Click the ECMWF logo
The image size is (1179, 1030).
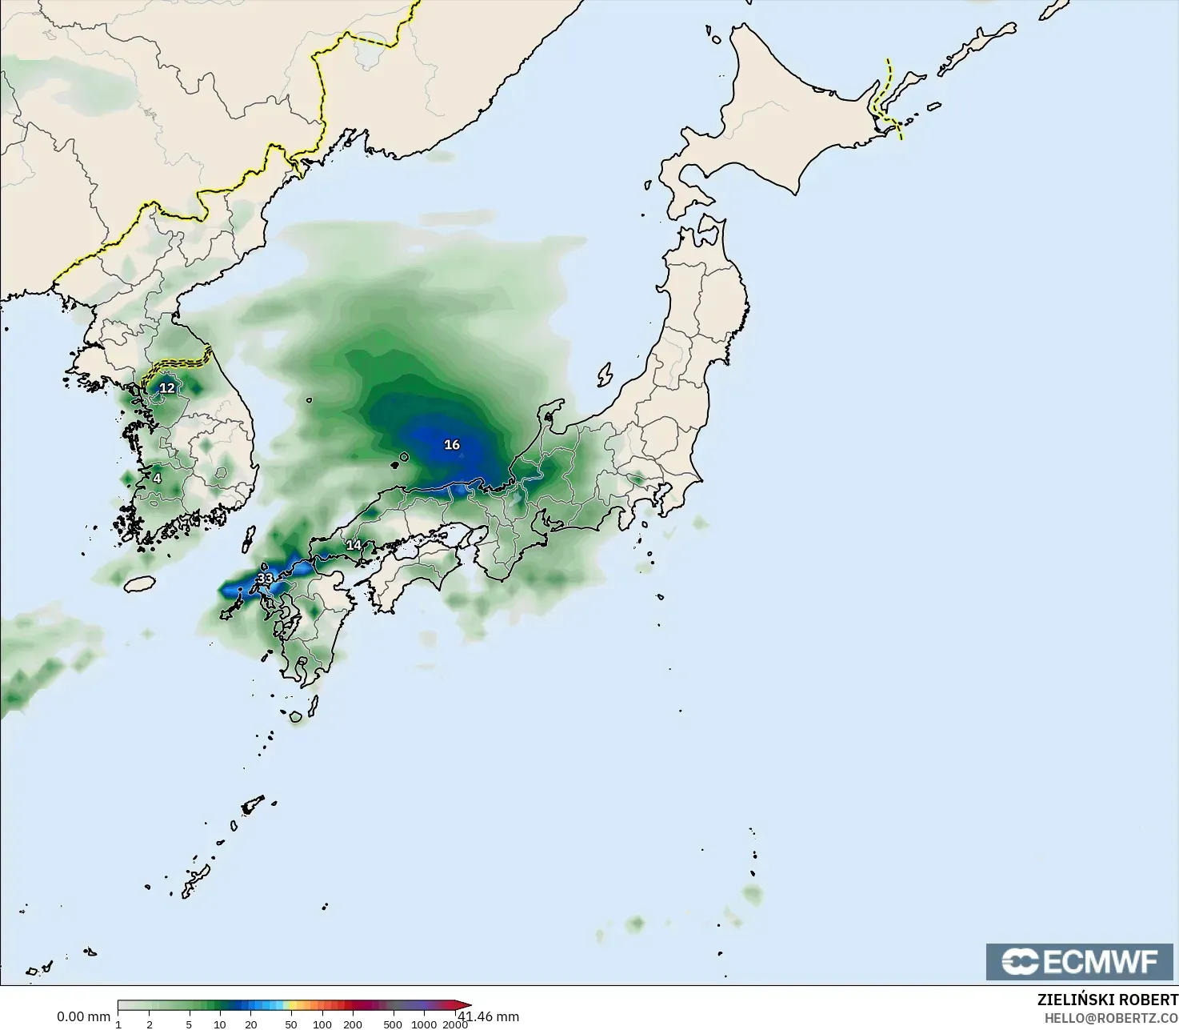coord(1079,961)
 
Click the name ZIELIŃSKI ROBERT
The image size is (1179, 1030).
coord(1107,1000)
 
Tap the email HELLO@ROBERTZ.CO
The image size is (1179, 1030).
coord(1111,1018)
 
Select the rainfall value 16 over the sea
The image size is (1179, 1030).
coord(452,444)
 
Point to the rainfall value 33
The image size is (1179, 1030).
coord(265,578)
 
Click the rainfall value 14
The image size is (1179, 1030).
coord(354,545)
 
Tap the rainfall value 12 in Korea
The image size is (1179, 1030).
coord(166,388)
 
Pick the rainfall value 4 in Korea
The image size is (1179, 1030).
coord(157,479)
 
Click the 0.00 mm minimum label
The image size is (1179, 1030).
coord(83,1016)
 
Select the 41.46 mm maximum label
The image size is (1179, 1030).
coord(489,1016)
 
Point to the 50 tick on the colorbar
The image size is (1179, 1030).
coord(291,1024)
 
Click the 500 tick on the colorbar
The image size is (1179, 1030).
coord(393,1024)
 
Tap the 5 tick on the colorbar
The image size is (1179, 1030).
coord(189,1024)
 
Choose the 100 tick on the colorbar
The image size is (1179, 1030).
coord(322,1024)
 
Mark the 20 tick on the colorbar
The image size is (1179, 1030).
coord(251,1024)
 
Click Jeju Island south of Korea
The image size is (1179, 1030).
coord(140,583)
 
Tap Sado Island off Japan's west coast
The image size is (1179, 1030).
coord(605,375)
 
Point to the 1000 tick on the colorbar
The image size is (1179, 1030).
coord(424,1024)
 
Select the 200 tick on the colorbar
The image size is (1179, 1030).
coord(353,1024)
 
